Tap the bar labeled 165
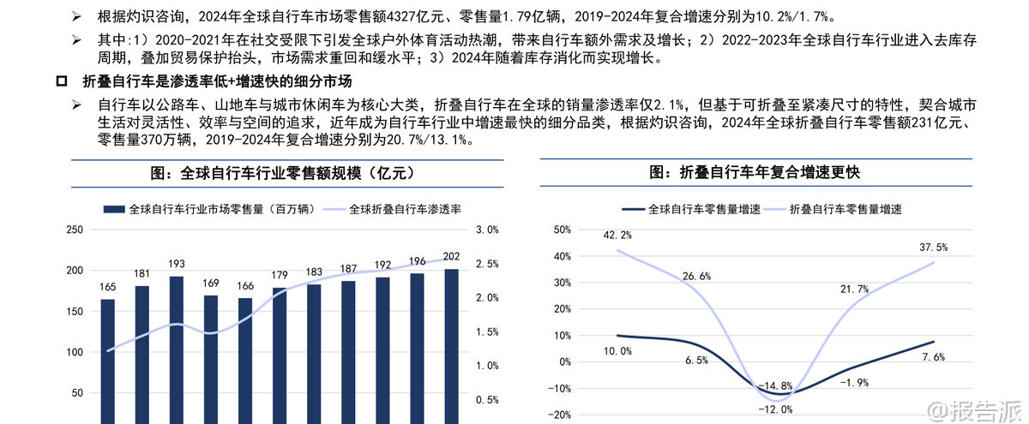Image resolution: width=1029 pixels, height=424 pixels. pos(108,361)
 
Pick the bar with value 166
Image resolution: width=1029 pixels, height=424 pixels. pos(245,361)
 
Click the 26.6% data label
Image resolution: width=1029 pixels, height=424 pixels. pos(695,276)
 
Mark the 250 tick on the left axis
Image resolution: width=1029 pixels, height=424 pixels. pos(74,230)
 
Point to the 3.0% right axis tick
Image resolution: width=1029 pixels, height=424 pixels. pos(487,230)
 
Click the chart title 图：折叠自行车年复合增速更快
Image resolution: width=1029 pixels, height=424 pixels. pos(755,172)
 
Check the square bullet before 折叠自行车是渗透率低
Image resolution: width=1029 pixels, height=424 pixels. pos(61,82)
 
